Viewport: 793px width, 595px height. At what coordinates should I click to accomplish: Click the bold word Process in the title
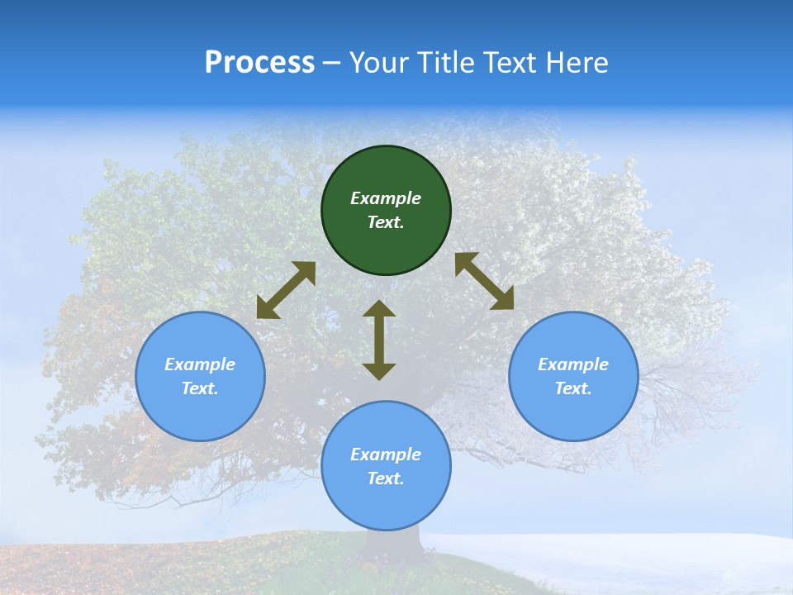click(259, 63)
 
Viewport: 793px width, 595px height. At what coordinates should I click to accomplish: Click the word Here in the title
click(577, 63)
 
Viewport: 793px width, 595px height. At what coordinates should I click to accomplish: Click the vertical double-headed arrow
click(379, 340)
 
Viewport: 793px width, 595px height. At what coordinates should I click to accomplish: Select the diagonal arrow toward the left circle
click(286, 290)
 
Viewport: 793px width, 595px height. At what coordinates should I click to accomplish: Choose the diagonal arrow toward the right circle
click(485, 281)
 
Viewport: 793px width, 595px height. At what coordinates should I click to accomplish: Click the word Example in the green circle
click(386, 198)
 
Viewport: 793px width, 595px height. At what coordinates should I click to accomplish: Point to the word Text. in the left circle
click(200, 388)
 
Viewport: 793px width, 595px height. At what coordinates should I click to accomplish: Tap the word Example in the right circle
click(573, 364)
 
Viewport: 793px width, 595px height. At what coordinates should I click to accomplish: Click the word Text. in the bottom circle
click(386, 478)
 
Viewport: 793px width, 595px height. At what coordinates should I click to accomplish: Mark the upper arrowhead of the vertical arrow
click(379, 308)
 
